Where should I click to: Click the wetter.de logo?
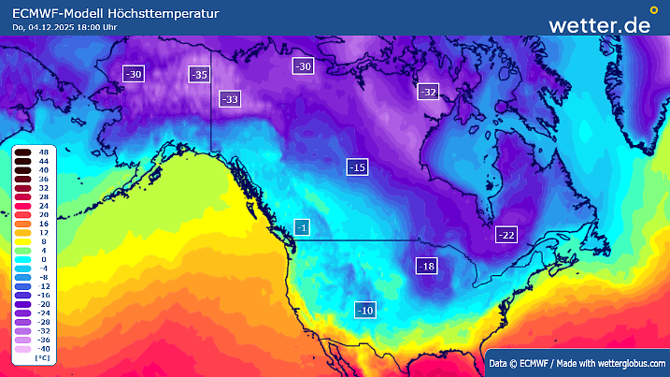(x=599, y=24)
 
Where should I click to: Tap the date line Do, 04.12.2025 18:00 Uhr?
(x=64, y=27)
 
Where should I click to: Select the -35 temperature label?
(x=199, y=74)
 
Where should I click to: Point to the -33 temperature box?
(x=229, y=99)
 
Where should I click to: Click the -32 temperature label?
(x=428, y=92)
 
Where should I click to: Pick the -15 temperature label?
(x=357, y=167)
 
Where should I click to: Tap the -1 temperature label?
(x=301, y=227)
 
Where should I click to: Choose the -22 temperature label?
(x=506, y=235)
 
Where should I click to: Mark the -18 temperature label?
(x=426, y=267)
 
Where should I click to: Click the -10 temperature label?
(x=365, y=309)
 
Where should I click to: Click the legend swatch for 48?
(x=22, y=152)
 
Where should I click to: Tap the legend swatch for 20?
(x=22, y=214)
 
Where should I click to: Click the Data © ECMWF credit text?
(x=577, y=362)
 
